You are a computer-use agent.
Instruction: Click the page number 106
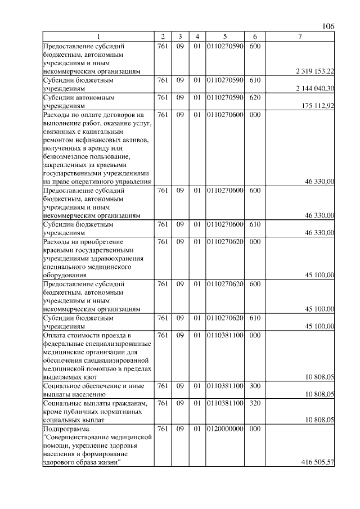(328, 26)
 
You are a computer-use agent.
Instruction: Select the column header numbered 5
(224, 37)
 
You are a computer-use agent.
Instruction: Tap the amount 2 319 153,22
(315, 71)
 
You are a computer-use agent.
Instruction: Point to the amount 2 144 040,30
(315, 88)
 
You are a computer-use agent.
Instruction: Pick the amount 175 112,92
(318, 105)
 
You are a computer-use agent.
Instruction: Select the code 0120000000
(224, 429)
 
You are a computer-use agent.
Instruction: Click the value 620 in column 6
(254, 97)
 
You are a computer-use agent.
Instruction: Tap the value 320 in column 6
(254, 403)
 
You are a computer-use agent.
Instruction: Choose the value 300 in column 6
(254, 386)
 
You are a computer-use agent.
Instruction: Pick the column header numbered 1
(98, 37)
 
